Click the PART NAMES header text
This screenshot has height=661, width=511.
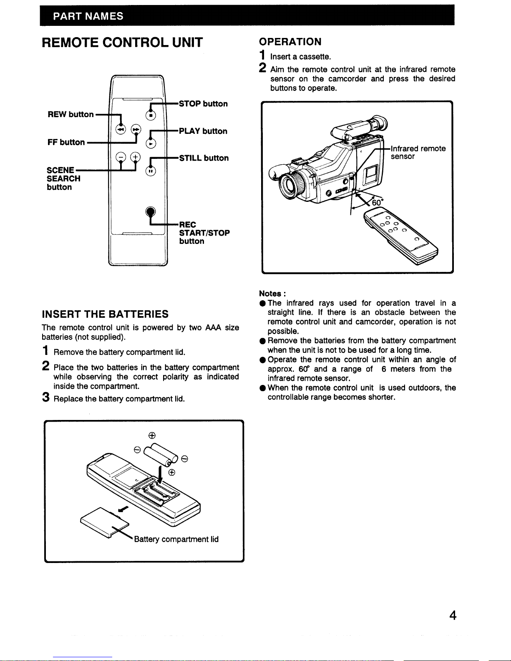[x=88, y=16]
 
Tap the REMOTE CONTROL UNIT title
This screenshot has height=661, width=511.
[x=122, y=43]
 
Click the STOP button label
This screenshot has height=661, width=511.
[x=203, y=104]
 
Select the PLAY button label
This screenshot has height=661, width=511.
[x=203, y=131]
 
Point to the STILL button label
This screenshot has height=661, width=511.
[x=204, y=158]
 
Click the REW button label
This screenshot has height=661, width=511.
[x=70, y=114]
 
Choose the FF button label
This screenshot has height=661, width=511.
[x=66, y=142]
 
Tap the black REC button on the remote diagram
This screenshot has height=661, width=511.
[x=150, y=211]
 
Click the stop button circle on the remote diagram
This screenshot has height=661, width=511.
[x=151, y=116]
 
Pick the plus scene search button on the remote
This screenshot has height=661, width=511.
[x=136, y=157]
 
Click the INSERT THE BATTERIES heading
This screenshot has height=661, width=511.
[x=105, y=314]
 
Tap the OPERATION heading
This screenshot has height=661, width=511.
[x=290, y=42]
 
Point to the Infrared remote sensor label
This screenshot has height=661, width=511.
[x=418, y=152]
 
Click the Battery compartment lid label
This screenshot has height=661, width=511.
[x=176, y=539]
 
